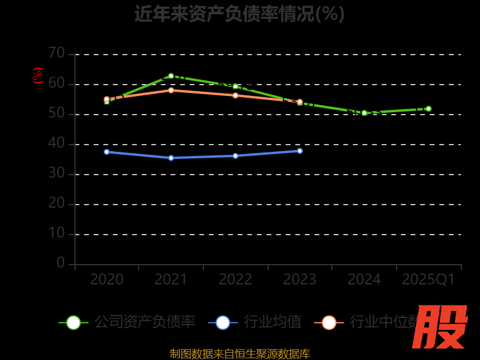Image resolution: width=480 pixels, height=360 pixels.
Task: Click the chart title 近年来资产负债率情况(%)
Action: [x=239, y=13]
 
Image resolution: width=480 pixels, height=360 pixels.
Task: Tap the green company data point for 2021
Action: [x=171, y=76]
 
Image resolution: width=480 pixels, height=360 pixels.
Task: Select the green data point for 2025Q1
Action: [x=428, y=109]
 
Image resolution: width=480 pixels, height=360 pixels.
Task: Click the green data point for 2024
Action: [x=364, y=113]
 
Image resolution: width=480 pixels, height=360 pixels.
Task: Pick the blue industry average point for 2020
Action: [x=107, y=152]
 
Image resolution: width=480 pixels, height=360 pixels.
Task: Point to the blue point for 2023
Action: [x=300, y=151]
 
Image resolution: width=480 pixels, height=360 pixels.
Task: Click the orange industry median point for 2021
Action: [x=171, y=90]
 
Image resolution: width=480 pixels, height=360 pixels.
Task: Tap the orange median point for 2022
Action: [x=235, y=95]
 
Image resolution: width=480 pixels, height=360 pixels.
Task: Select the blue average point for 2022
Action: [x=235, y=155]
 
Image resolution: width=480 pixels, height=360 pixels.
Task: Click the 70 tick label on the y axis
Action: [x=56, y=53]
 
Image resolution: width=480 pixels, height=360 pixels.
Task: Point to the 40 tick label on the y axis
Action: [x=56, y=143]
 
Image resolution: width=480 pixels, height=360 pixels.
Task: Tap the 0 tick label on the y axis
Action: [x=61, y=263]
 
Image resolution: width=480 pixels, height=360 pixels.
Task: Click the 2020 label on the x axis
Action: [x=107, y=280]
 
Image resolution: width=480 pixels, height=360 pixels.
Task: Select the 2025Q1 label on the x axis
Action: [x=428, y=280]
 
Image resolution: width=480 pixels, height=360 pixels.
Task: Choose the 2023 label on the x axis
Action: [x=300, y=280]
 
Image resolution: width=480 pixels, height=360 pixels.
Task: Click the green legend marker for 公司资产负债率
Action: [x=73, y=322]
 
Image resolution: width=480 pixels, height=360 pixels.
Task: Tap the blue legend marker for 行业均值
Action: [x=223, y=322]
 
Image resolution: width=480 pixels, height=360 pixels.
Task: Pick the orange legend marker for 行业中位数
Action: [x=329, y=322]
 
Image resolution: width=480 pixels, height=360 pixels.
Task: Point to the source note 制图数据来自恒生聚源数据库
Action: [x=239, y=353]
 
